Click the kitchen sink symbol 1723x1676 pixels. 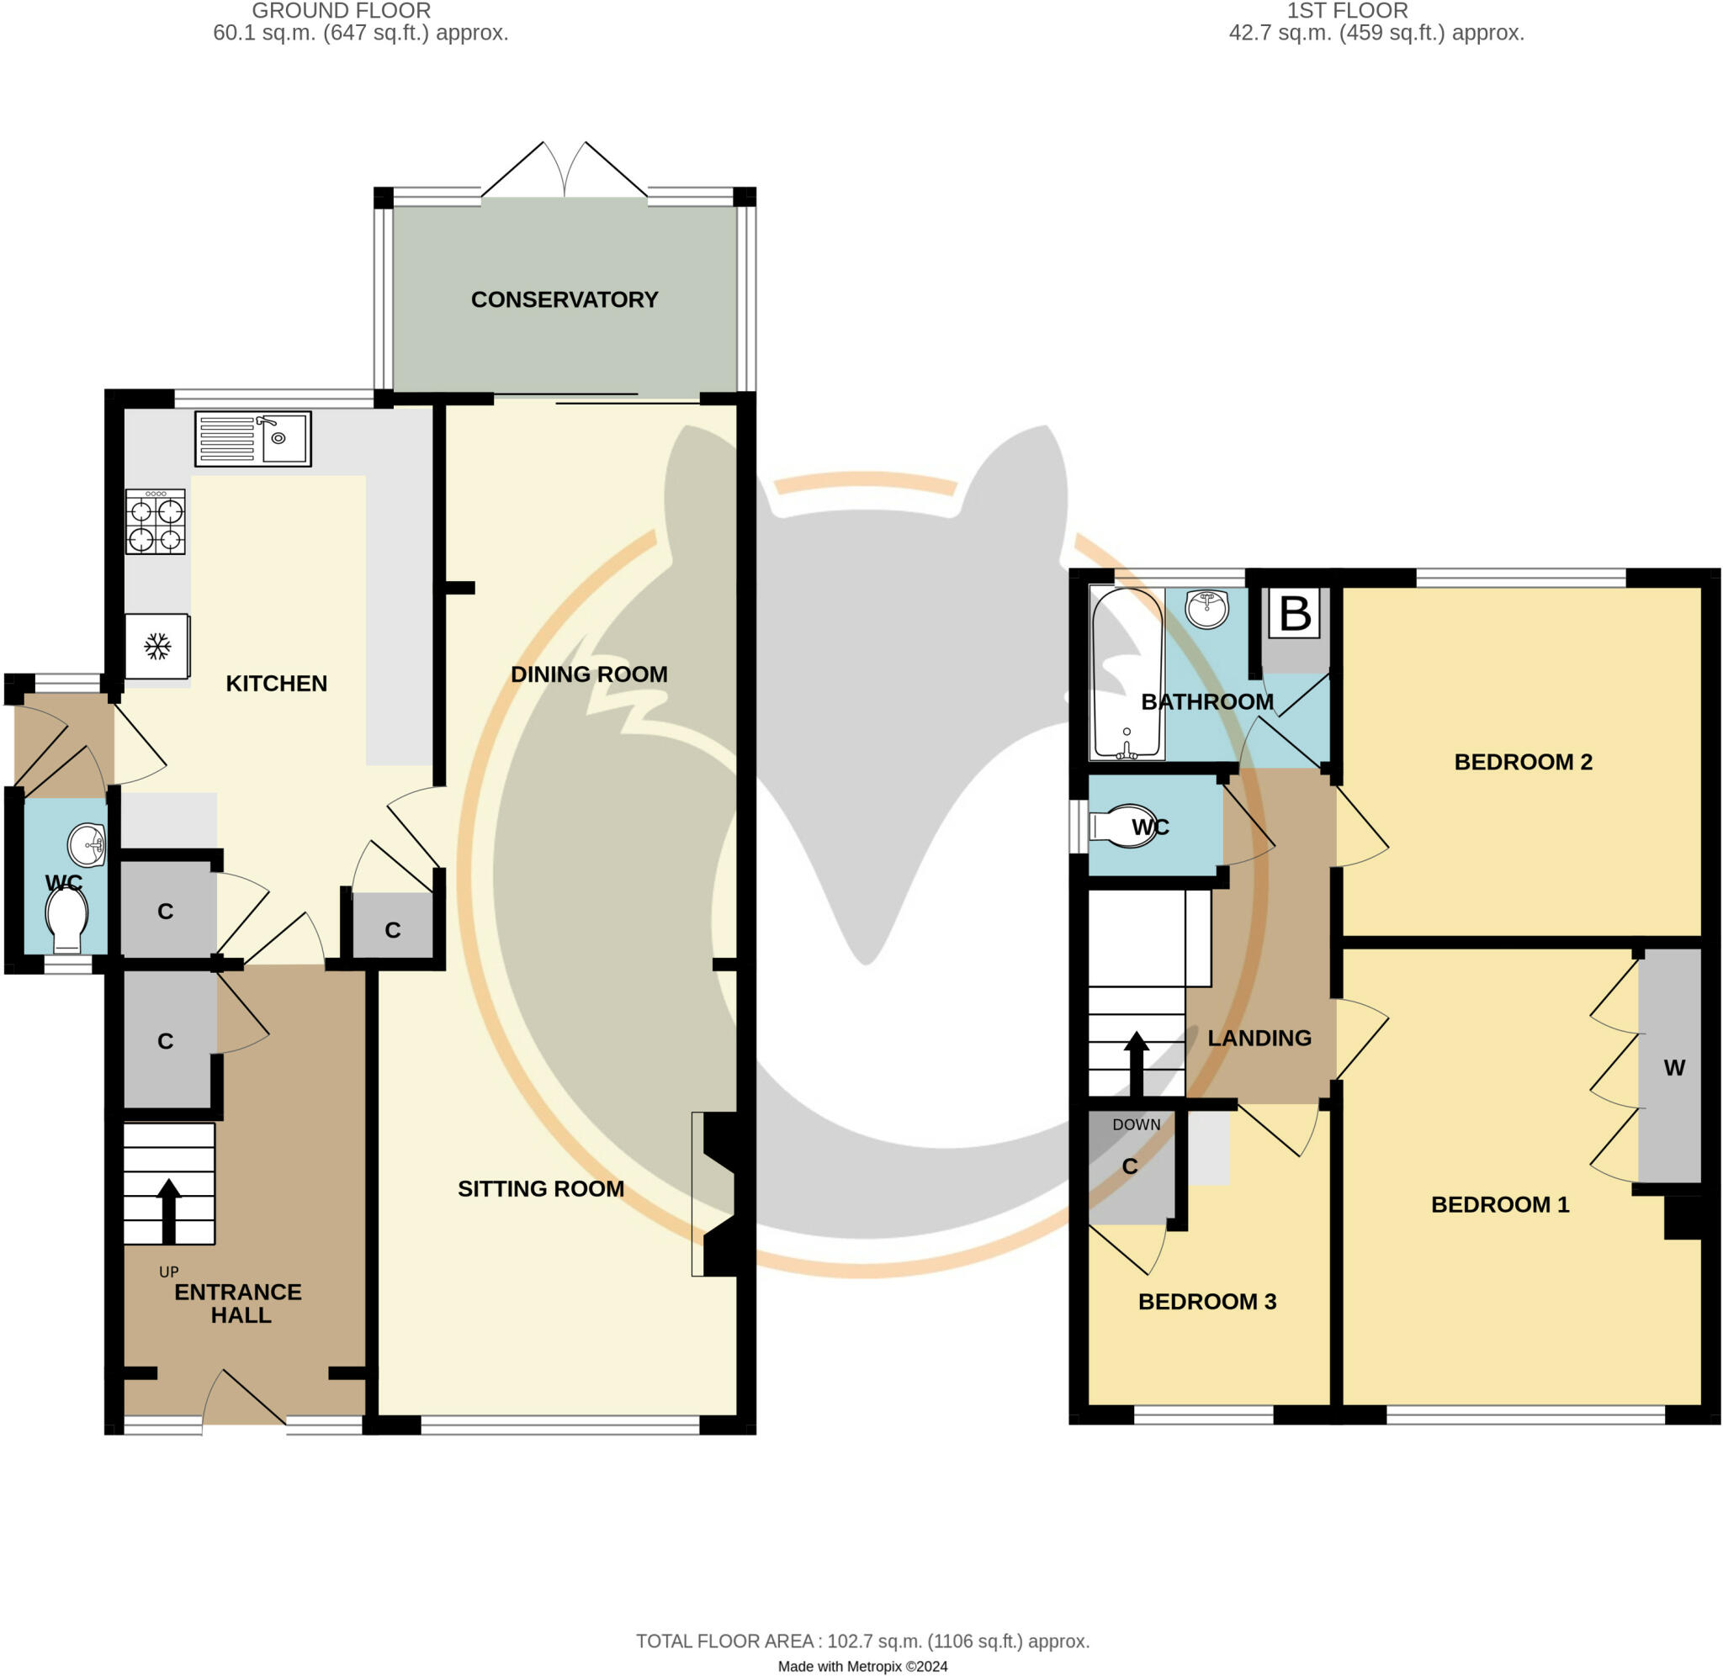tap(252, 438)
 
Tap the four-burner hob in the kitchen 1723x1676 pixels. tap(156, 522)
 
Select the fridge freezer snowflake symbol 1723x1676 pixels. tap(157, 647)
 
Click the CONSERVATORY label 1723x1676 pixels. tap(565, 299)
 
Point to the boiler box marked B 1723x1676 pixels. tap(1294, 614)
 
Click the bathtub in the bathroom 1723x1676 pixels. tap(1126, 674)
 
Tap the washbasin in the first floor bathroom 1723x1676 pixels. tap(1207, 609)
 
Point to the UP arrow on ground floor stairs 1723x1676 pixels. tap(168, 1210)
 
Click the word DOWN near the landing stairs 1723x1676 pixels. tap(1136, 1124)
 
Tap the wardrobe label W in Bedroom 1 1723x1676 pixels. tap(1673, 1068)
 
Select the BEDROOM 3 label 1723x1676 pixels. tap(1206, 1301)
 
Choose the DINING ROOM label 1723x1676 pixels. tap(589, 674)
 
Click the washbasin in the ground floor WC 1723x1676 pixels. tap(87, 845)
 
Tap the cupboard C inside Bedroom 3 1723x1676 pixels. tap(1130, 1166)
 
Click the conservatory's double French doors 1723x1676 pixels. tap(565, 172)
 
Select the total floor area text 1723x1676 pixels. tap(862, 1641)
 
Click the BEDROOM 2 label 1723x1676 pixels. tap(1522, 761)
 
